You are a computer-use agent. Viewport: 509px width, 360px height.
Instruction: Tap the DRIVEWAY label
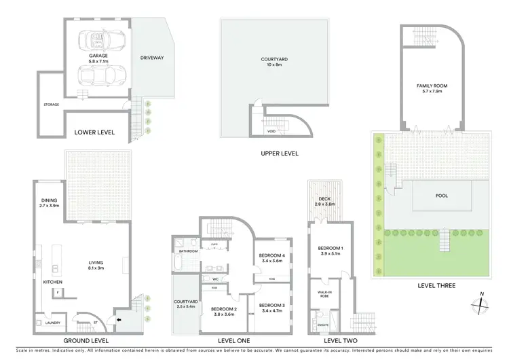coord(152,58)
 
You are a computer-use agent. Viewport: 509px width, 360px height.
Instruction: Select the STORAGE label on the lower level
coord(52,105)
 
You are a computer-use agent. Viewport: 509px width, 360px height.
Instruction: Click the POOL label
coord(442,196)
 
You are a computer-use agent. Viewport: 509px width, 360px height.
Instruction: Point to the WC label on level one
coord(215,279)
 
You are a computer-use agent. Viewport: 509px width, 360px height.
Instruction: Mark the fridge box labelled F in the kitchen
coord(58,293)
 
